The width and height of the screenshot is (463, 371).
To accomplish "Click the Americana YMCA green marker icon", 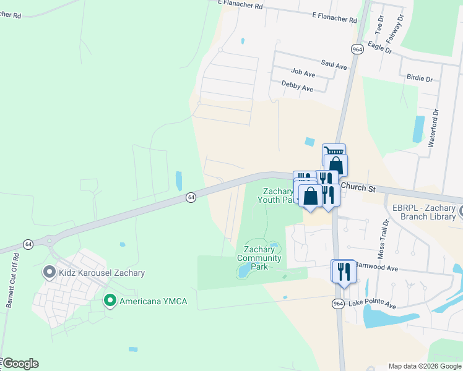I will (110, 301).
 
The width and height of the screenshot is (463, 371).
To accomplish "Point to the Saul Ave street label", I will (334, 64).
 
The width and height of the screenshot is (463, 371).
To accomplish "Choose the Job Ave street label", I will (303, 74).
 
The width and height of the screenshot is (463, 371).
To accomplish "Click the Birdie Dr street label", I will (420, 79).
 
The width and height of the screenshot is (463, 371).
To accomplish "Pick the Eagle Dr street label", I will (379, 48).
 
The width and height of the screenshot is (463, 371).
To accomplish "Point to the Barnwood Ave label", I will (375, 268).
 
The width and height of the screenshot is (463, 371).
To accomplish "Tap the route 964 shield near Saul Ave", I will (357, 49).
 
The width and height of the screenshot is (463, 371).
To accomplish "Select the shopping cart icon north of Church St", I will (334, 151).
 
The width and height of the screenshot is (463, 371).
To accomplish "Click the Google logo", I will (20, 364).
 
